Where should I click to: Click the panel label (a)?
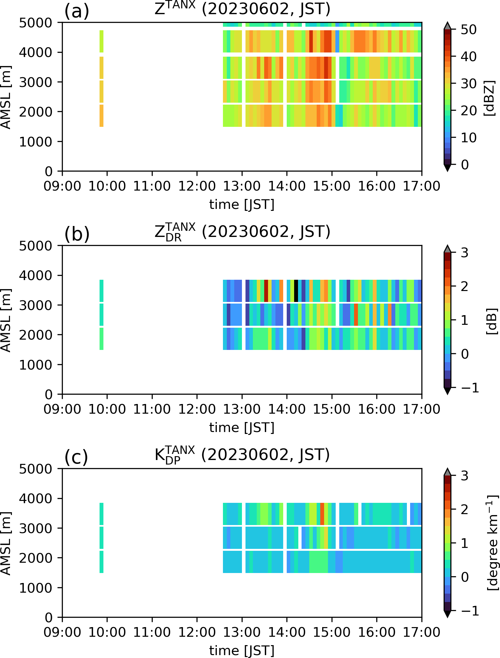(77, 12)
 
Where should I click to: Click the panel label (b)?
(77, 234)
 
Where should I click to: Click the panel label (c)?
(76, 457)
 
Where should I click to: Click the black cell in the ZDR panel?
(296, 291)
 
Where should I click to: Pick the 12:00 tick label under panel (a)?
(197, 186)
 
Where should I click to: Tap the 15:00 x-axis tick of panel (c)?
(332, 632)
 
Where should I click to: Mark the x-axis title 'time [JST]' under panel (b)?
(242, 428)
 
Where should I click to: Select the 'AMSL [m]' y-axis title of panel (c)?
(6, 543)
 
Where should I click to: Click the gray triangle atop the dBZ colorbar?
(447, 25)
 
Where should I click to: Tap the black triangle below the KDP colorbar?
(447, 614)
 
